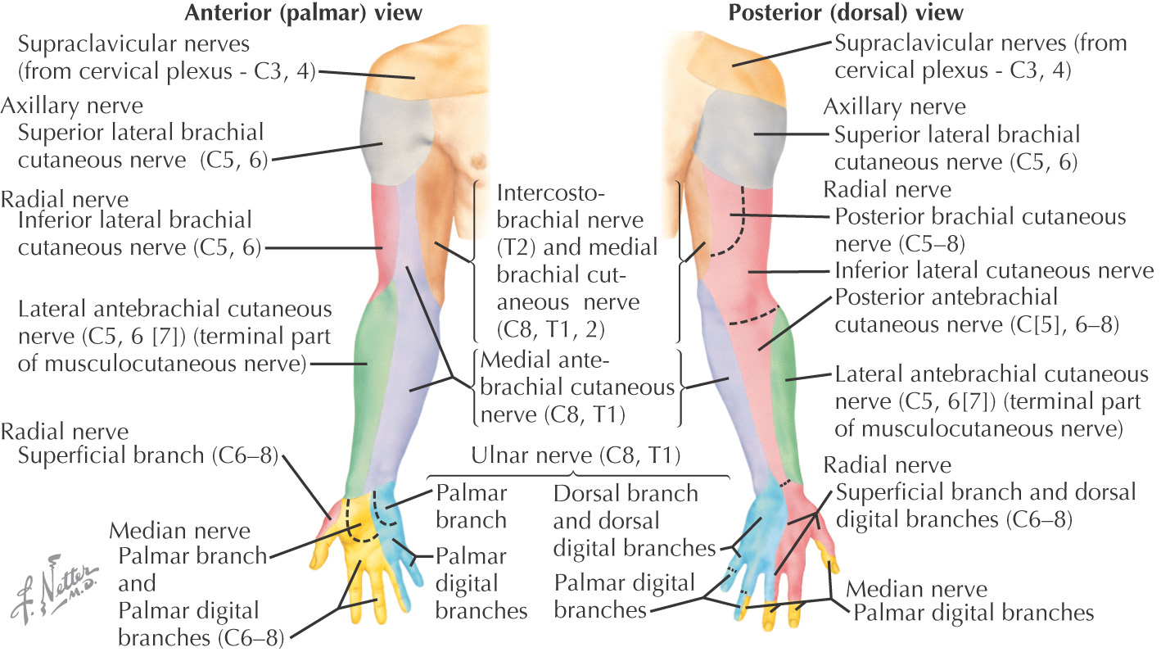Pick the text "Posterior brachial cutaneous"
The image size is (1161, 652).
point(979,217)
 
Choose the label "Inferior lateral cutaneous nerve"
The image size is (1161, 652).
point(993,270)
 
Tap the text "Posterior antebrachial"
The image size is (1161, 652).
point(946,297)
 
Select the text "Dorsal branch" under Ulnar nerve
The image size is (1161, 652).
point(626,493)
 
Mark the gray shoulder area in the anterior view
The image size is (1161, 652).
point(385,139)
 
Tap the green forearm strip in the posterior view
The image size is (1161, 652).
point(788,385)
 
